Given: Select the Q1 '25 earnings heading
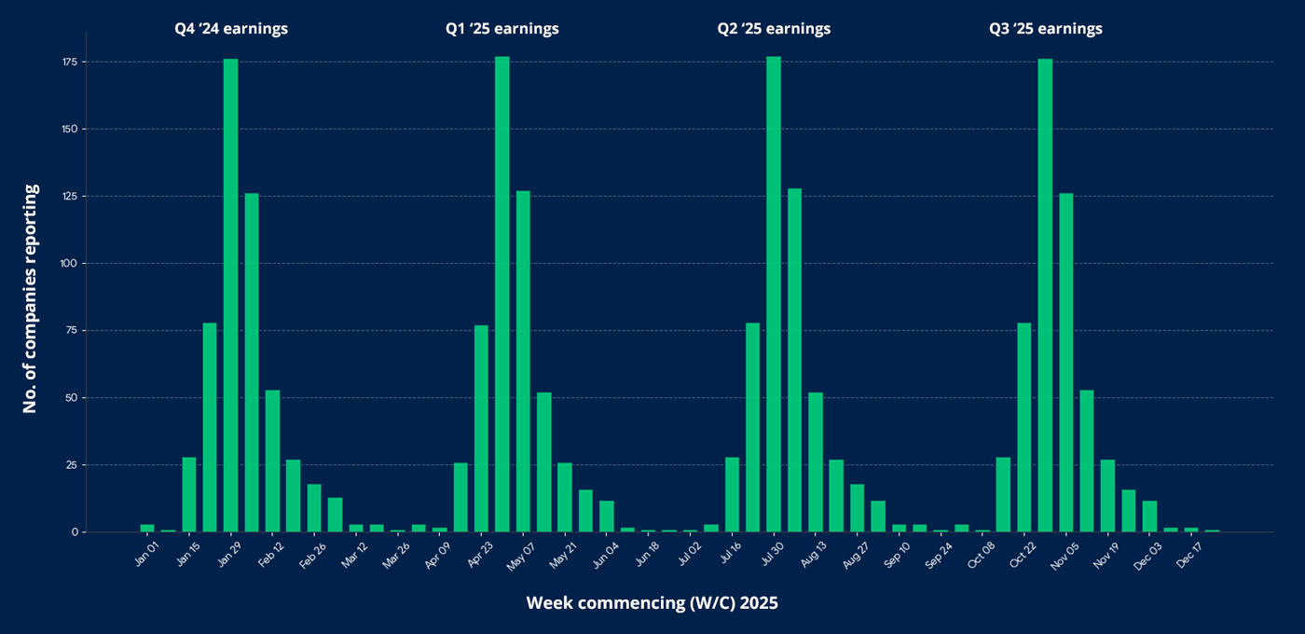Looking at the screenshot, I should tap(501, 29).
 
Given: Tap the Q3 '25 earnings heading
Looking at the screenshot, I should tap(1045, 29).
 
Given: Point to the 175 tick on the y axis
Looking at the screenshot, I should tap(70, 62).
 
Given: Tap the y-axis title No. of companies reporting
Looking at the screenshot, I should tap(30, 298).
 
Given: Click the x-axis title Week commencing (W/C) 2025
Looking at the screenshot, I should tap(652, 603).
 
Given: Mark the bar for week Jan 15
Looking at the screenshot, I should tap(189, 494).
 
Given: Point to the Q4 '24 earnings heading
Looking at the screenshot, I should tap(231, 29).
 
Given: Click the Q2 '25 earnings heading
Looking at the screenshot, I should tap(774, 29).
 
